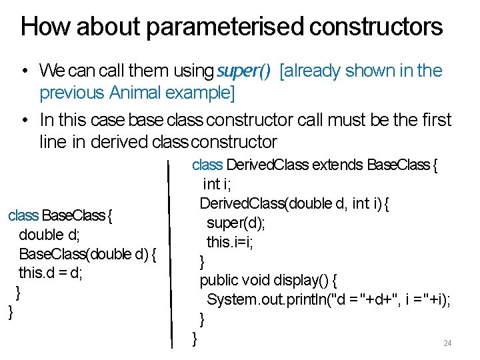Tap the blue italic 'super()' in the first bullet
click(x=243, y=71)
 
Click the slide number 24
click(x=447, y=343)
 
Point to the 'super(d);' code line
click(x=237, y=223)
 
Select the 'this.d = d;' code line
click(x=50, y=273)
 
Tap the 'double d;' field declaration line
click(x=51, y=235)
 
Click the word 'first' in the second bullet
click(x=437, y=121)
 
